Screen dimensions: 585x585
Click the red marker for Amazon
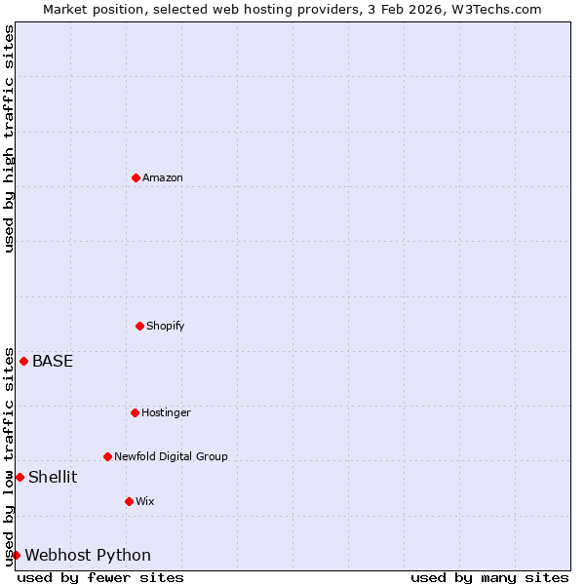pos(136,177)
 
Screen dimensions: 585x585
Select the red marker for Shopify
pos(139,326)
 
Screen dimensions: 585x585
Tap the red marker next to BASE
pos(24,361)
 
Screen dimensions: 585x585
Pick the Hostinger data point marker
pos(135,412)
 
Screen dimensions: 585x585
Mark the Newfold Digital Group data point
pos(107,456)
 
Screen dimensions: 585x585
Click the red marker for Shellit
pos(19,477)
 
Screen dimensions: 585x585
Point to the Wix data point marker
pos(129,501)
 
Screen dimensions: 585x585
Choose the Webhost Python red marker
pos(16,555)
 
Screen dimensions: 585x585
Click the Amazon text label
pos(163,177)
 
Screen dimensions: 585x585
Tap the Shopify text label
pos(166,326)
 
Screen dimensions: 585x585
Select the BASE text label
pos(53,361)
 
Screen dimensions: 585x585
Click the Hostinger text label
pos(166,412)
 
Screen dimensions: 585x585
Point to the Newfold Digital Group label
pos(171,456)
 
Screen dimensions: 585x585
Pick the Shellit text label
pos(53,477)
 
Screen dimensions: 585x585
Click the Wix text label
pos(145,501)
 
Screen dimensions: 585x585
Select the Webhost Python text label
pos(88,555)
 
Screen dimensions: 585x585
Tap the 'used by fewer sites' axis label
pos(100,577)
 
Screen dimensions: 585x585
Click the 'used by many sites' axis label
pos(489,577)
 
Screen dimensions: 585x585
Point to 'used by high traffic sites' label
pos(9,138)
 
